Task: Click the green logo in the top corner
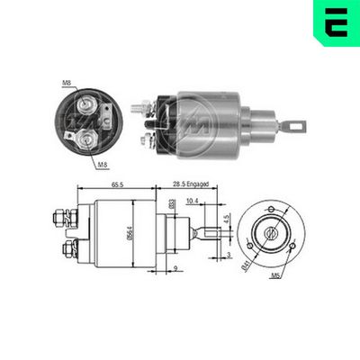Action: click(335, 23)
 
